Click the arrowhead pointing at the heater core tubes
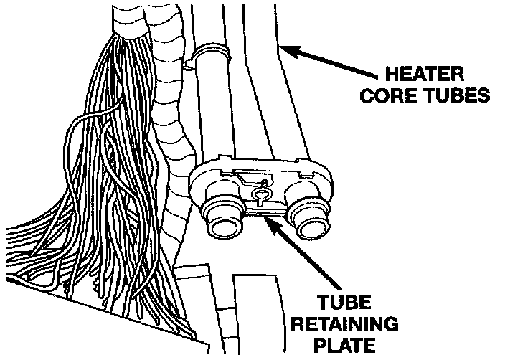(285, 49)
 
